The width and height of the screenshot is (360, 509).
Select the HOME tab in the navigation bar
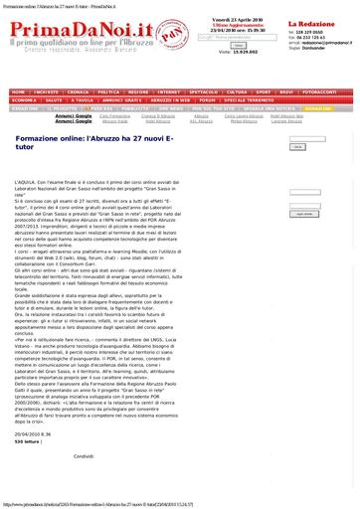point(19,91)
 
